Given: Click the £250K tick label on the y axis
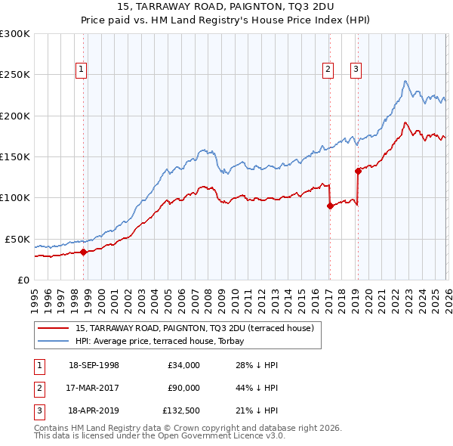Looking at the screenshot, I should (15, 75).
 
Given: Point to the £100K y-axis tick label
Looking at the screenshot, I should (15, 198).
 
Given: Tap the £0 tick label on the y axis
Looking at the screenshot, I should (23, 280).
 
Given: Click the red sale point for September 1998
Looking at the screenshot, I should (83, 252).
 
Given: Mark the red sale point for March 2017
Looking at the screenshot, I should (330, 206).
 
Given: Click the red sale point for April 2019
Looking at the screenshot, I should (358, 171).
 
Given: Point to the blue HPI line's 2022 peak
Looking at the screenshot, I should (405, 81).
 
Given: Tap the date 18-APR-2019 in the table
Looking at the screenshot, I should (94, 412).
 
